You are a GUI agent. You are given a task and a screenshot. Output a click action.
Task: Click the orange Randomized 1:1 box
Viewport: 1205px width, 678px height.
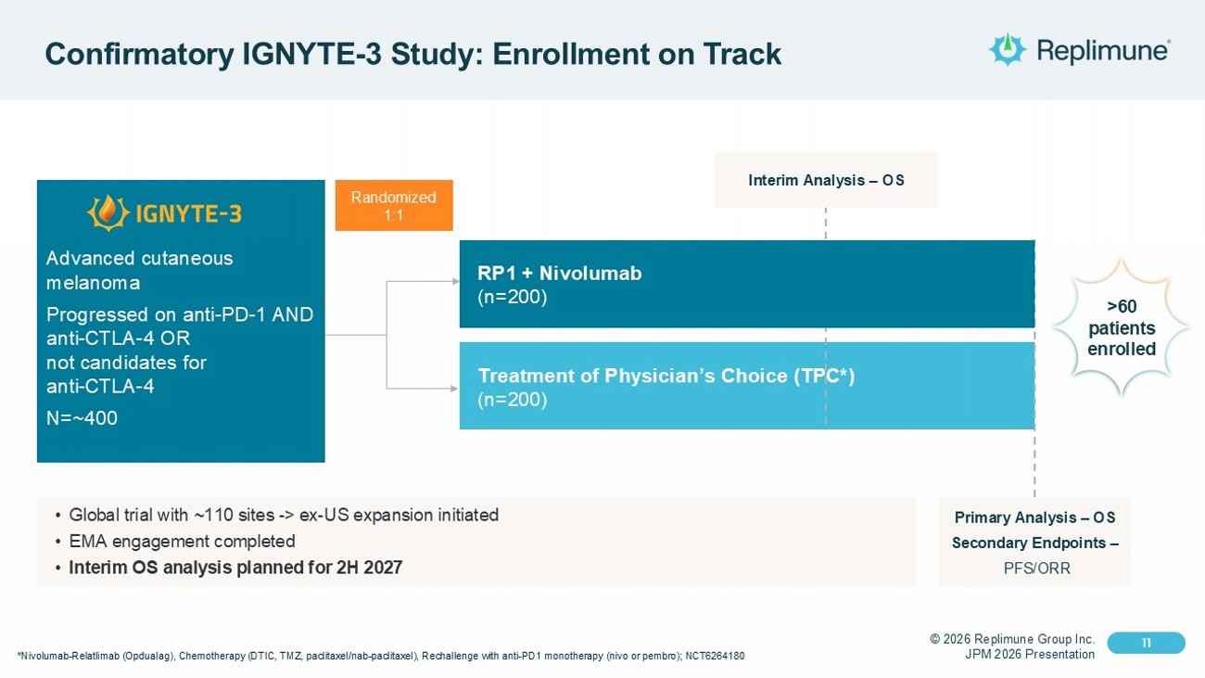[x=393, y=205]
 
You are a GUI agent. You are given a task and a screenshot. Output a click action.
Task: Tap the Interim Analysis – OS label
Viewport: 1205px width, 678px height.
[x=826, y=180]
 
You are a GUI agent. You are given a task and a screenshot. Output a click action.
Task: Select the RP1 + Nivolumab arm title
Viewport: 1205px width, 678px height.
[x=559, y=273]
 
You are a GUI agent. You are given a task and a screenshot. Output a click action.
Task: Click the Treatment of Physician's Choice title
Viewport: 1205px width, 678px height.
[x=666, y=376]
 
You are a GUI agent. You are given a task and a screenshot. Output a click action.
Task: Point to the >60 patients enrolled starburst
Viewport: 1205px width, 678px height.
[x=1122, y=328]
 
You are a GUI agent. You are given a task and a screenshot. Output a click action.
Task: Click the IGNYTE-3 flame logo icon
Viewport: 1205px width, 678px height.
[x=108, y=213]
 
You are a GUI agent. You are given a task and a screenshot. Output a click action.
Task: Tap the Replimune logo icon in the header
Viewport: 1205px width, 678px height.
[x=1007, y=49]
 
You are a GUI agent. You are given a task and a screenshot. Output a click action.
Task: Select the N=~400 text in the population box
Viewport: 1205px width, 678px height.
[x=82, y=418]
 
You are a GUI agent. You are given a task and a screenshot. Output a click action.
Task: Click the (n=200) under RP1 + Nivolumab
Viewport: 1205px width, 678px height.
[x=513, y=297]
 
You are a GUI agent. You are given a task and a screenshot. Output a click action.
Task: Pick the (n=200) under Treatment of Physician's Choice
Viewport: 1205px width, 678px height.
[x=513, y=400]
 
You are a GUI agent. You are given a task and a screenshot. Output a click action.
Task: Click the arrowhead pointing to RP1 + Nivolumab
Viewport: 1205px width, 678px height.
[x=454, y=281]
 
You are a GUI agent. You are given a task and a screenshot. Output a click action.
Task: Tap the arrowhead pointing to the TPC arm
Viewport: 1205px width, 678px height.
[x=454, y=388]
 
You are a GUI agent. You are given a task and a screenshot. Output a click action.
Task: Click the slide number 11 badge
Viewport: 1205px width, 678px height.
[x=1147, y=643]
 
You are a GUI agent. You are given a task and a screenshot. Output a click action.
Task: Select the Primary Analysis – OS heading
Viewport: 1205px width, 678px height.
[x=1034, y=518]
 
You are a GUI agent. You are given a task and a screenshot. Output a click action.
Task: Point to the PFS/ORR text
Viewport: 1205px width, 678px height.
[x=1036, y=568]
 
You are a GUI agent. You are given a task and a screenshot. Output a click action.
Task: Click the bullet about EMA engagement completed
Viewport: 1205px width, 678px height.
[x=182, y=541]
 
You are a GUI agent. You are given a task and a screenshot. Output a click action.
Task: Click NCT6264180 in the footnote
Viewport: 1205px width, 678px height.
[x=715, y=657]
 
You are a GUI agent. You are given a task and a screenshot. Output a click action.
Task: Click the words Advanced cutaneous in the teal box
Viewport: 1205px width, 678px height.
[x=139, y=258]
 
